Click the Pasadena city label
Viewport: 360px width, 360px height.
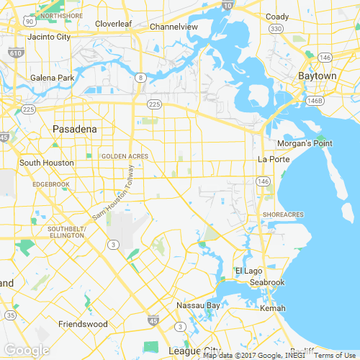tap(74, 129)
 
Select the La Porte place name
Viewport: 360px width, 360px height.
tap(272, 159)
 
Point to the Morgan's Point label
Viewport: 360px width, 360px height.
tap(305, 143)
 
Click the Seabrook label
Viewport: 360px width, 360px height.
tap(268, 282)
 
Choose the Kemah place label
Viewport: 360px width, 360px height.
tap(273, 308)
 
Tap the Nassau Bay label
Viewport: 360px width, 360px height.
tap(198, 305)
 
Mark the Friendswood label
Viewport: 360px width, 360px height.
tap(83, 324)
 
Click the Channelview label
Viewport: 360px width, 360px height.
tap(174, 27)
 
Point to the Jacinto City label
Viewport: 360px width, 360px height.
tap(49, 36)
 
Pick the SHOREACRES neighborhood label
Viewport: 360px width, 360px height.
tap(283, 215)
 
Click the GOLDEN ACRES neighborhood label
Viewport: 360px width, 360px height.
tap(125, 156)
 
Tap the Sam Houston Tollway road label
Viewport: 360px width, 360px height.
tap(113, 193)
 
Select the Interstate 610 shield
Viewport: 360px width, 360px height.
tap(16, 53)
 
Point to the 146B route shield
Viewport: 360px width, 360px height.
tap(315, 100)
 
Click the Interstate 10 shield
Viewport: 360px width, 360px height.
tap(228, 5)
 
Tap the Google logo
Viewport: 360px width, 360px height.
tap(26, 350)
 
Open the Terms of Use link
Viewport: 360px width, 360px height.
tap(335, 355)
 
